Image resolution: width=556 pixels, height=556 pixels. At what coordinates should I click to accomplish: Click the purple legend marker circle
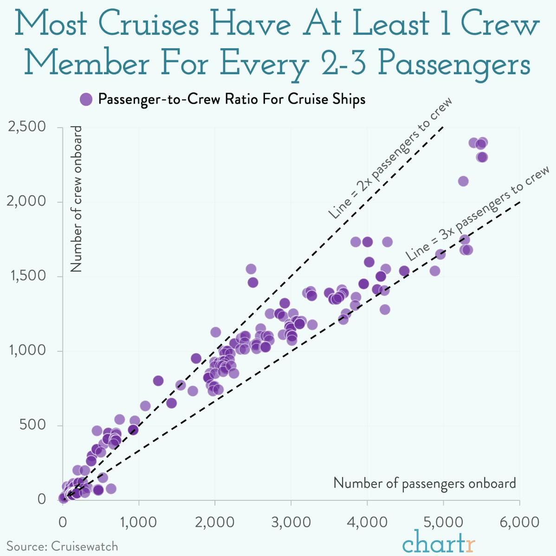(x=86, y=99)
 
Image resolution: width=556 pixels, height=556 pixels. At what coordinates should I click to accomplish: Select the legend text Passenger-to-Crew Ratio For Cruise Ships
(x=232, y=99)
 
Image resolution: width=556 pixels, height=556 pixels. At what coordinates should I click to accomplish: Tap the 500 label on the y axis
(x=32, y=425)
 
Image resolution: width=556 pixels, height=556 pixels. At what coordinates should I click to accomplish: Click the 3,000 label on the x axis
(x=291, y=522)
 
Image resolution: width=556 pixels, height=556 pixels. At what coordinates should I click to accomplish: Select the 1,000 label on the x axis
(x=138, y=522)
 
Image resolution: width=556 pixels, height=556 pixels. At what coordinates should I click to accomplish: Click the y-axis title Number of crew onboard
(x=76, y=199)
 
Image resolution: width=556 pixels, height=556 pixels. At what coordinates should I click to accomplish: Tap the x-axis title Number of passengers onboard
(x=424, y=483)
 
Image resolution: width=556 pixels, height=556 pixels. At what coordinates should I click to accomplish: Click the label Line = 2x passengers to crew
(x=390, y=158)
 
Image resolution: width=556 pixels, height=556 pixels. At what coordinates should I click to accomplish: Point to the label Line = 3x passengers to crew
(x=477, y=213)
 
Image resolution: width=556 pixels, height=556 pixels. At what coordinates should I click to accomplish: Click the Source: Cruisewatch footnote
(x=62, y=546)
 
